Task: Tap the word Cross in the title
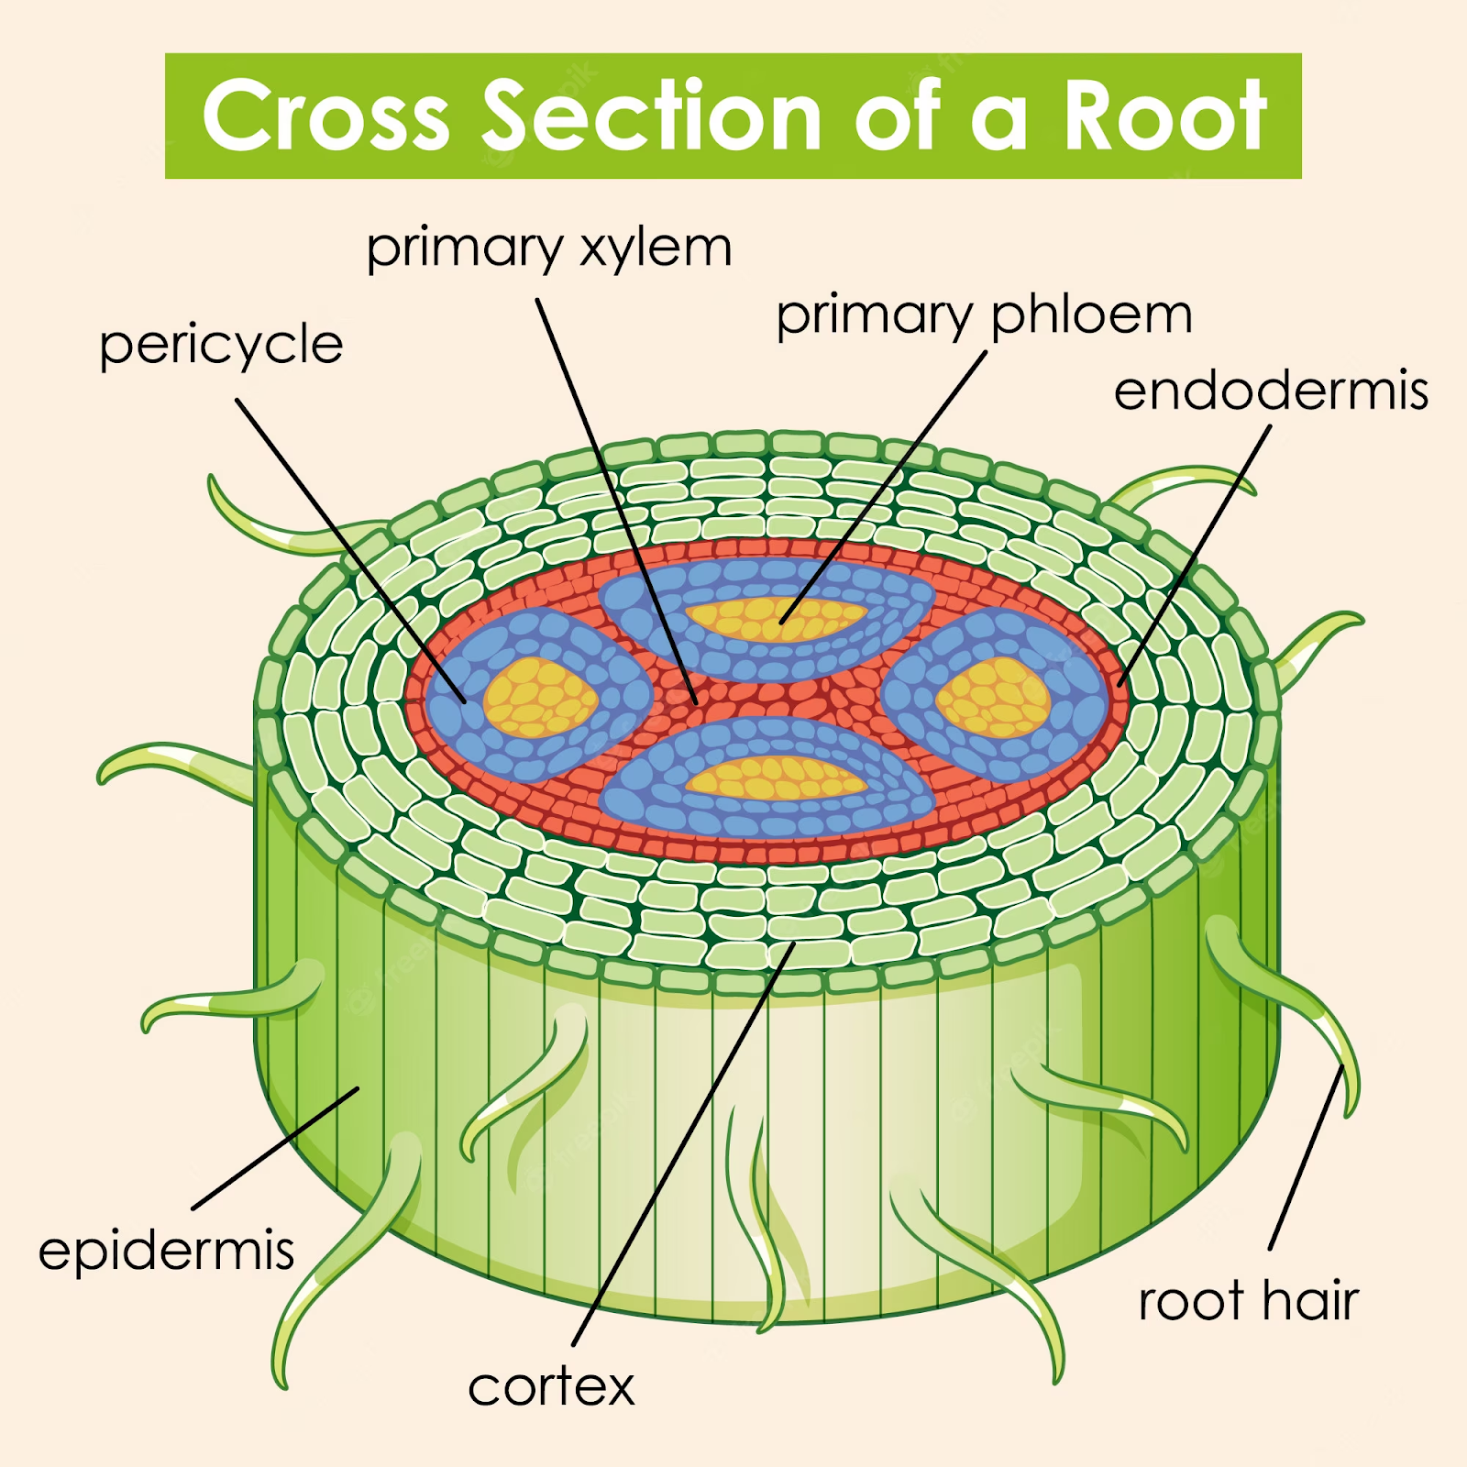(x=325, y=116)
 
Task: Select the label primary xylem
(x=548, y=248)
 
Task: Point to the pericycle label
(x=221, y=345)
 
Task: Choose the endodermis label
(x=1270, y=391)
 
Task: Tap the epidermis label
(x=166, y=1251)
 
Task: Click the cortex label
(x=550, y=1387)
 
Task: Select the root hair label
(x=1248, y=1301)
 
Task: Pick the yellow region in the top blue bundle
(x=775, y=619)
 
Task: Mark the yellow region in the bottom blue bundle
(x=775, y=778)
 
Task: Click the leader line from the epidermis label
(x=275, y=1148)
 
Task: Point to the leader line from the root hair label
(x=1307, y=1157)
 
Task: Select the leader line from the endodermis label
(x=1196, y=555)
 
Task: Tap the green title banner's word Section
(x=652, y=116)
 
